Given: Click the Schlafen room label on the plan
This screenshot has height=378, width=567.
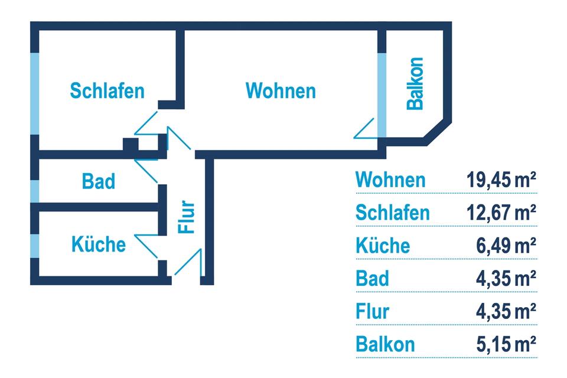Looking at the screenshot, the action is [107, 91].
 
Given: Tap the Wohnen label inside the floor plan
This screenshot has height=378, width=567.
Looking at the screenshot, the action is [281, 91].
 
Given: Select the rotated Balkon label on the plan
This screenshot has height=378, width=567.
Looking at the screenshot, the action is [416, 83].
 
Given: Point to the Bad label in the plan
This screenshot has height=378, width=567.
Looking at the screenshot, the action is [99, 181].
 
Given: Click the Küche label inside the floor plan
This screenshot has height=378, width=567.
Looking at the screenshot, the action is [99, 243].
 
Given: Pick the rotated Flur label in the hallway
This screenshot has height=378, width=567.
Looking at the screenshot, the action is [187, 218].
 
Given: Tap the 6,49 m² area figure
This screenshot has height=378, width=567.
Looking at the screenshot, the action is [506, 245].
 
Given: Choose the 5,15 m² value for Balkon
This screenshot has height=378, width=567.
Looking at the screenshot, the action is [506, 343].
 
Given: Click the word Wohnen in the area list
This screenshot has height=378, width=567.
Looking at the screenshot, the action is [390, 180].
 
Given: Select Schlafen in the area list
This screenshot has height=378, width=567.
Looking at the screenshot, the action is [393, 212].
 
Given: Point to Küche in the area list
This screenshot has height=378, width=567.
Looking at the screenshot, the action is [383, 245].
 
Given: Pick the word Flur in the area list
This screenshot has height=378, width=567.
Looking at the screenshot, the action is [373, 310].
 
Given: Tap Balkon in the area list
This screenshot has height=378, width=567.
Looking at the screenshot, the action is [385, 343].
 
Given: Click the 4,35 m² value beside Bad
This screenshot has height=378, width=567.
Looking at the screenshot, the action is [506, 278].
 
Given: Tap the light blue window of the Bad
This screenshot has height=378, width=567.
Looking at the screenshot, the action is [35, 190].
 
